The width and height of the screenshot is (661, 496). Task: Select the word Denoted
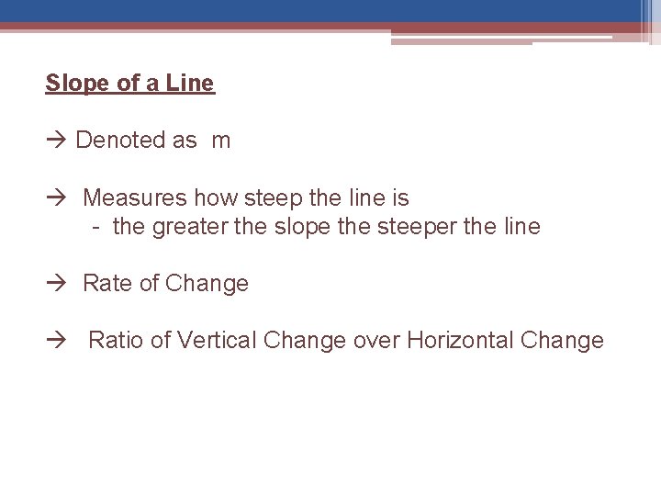pyautogui.click(x=116, y=141)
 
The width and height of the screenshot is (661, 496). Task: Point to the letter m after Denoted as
pyautogui.click(x=221, y=141)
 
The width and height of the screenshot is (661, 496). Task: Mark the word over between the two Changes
pyautogui.click(x=376, y=340)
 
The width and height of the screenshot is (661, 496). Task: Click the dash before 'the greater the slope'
pyautogui.click(x=96, y=226)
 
